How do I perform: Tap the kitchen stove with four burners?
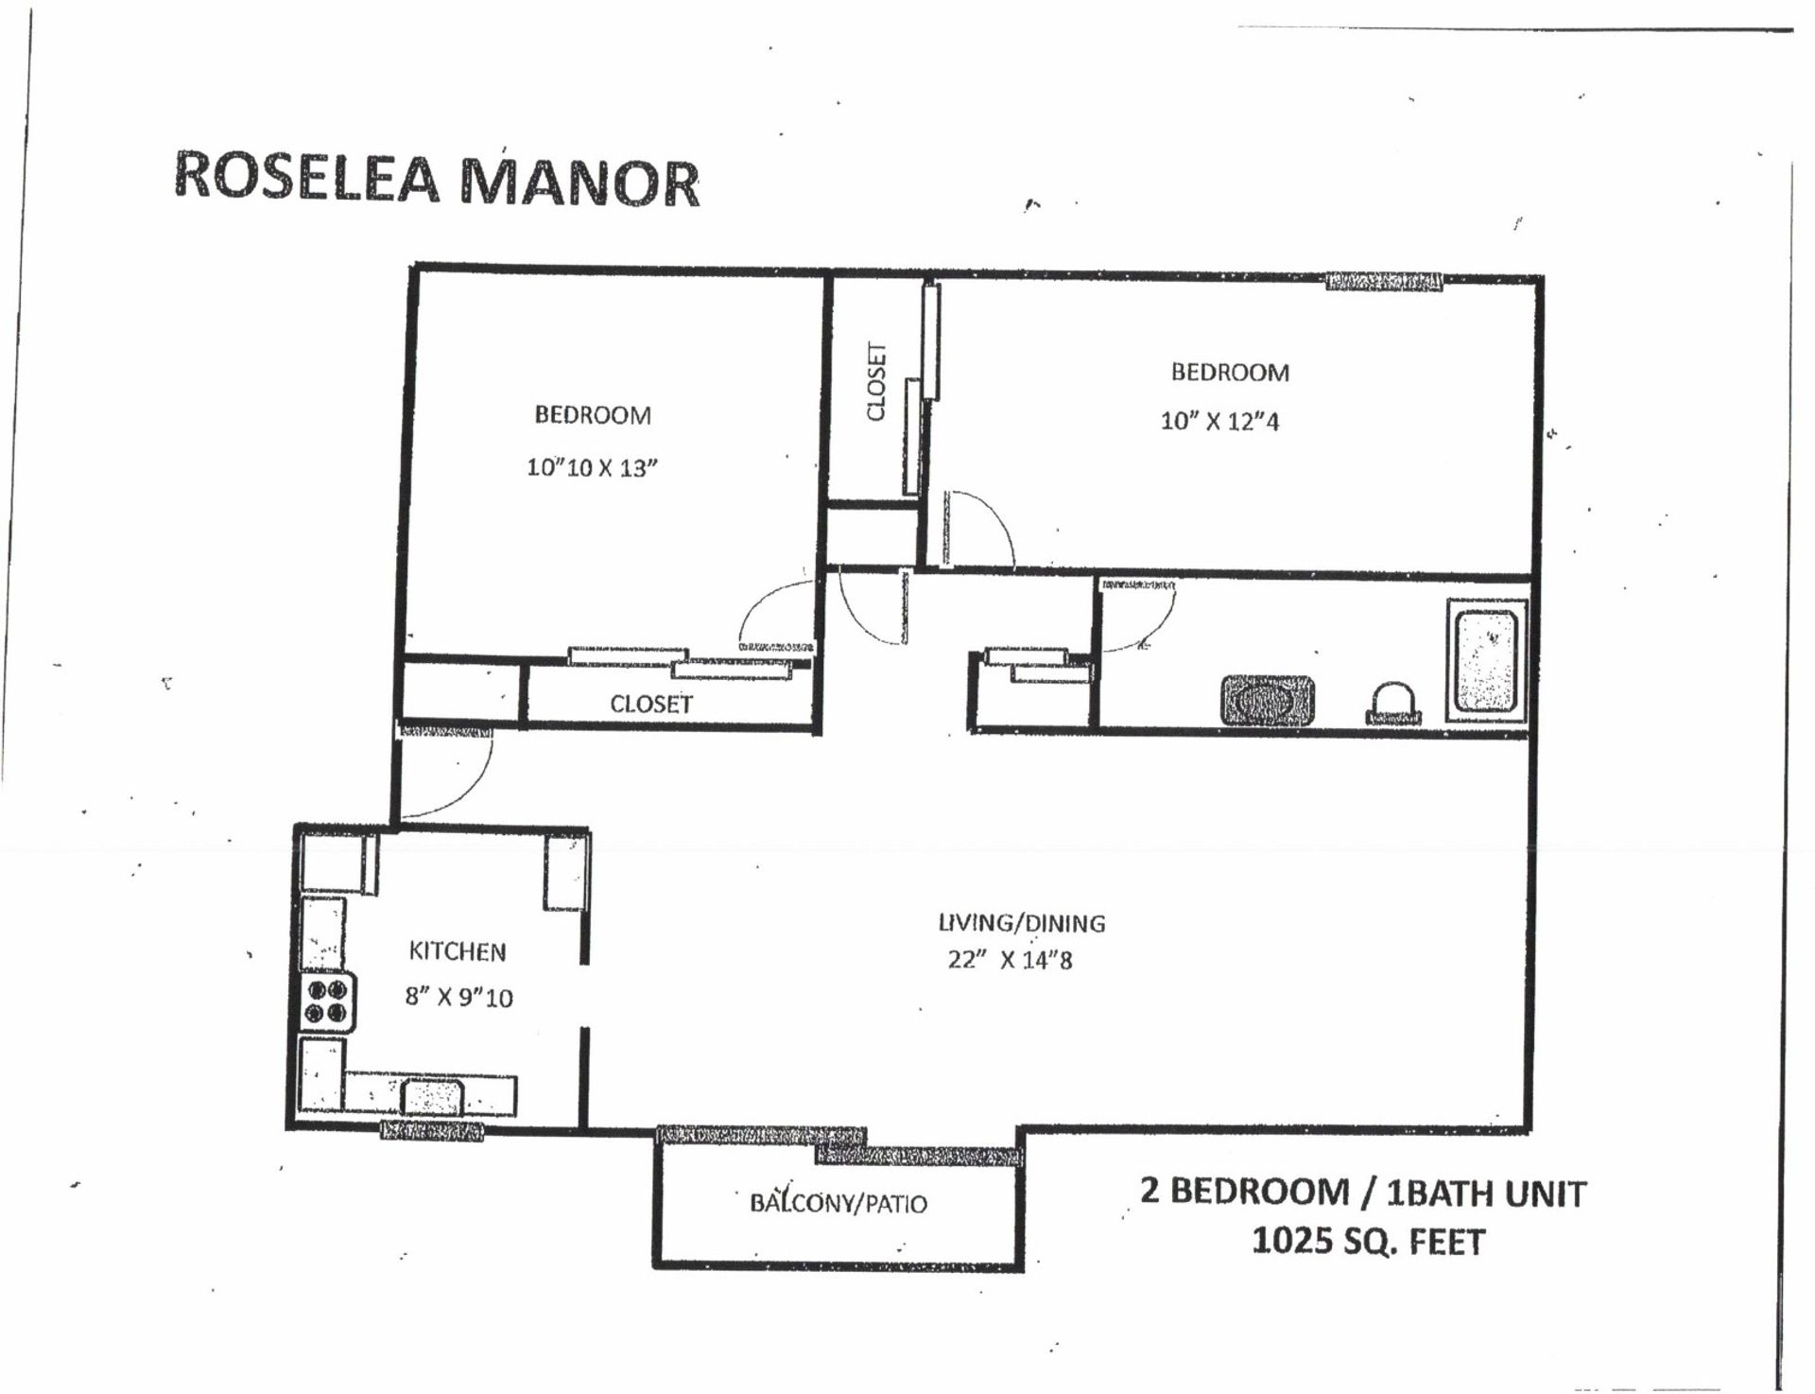[328, 1002]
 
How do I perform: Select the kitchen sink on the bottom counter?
[432, 1097]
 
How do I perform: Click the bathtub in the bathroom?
[1486, 660]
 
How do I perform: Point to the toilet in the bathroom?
[1393, 704]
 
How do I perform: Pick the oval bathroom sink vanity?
[1267, 700]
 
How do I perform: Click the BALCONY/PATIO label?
[838, 1203]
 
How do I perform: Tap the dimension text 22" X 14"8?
[1010, 960]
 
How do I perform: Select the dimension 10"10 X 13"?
[592, 467]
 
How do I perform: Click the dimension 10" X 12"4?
[1219, 421]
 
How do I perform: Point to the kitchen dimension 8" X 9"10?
[458, 997]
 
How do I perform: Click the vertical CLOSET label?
[876, 381]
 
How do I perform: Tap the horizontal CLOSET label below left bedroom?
[650, 704]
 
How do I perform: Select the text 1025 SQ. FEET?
[1368, 1240]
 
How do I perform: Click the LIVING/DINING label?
[1021, 922]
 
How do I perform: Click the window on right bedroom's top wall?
[1384, 281]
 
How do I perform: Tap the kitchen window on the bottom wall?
[432, 1129]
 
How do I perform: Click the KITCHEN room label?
[458, 950]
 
